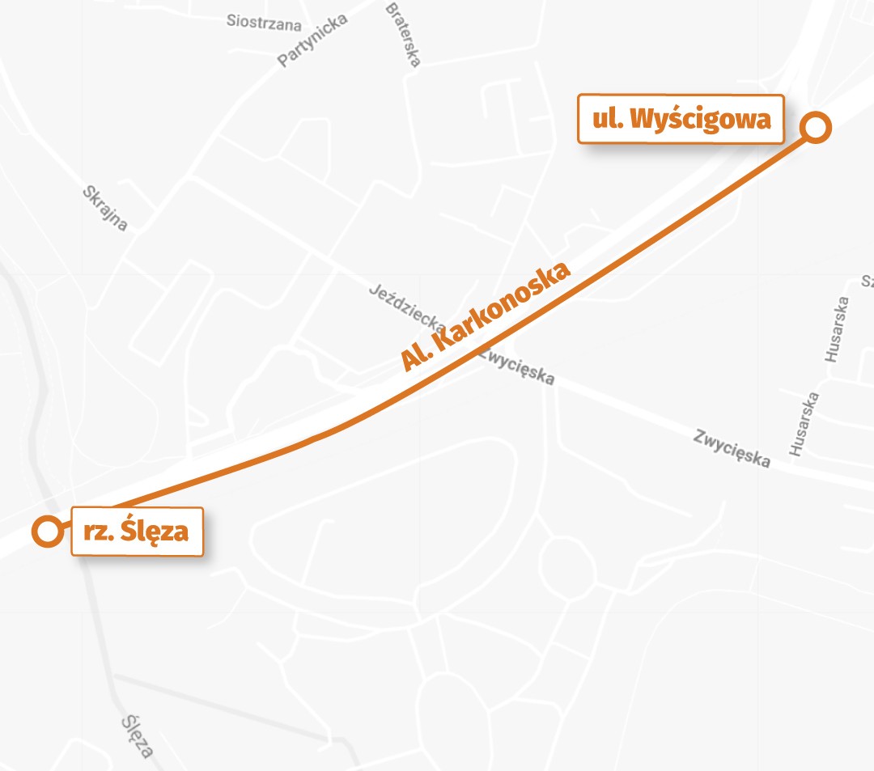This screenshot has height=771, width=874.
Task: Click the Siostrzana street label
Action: (264, 22)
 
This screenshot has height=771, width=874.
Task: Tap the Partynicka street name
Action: (312, 40)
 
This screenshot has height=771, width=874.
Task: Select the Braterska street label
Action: (403, 36)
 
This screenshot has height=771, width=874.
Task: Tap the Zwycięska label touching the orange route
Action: (516, 366)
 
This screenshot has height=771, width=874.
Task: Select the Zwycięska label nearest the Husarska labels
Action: (732, 448)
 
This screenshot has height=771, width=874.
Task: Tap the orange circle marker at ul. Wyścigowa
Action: (816, 127)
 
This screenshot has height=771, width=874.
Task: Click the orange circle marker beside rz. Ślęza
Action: (48, 532)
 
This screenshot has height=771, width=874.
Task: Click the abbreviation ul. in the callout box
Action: (606, 121)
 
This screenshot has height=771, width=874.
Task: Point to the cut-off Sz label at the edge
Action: (868, 282)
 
